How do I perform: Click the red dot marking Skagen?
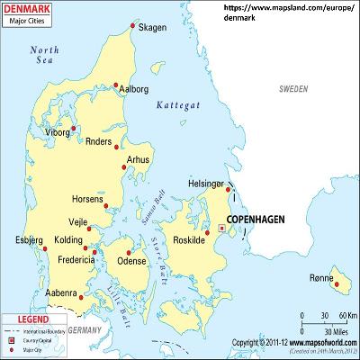(x=133, y=26)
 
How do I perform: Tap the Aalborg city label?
(x=132, y=89)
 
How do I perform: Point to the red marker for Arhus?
(x=123, y=165)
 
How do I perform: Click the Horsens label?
(x=86, y=199)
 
